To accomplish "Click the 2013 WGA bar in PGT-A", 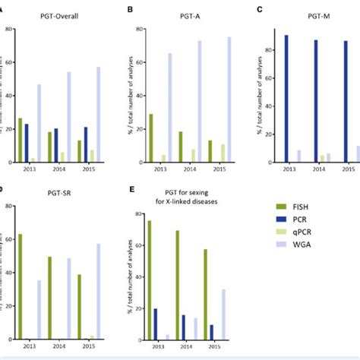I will click(x=169, y=107).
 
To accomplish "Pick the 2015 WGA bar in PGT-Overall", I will click(x=97, y=114).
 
